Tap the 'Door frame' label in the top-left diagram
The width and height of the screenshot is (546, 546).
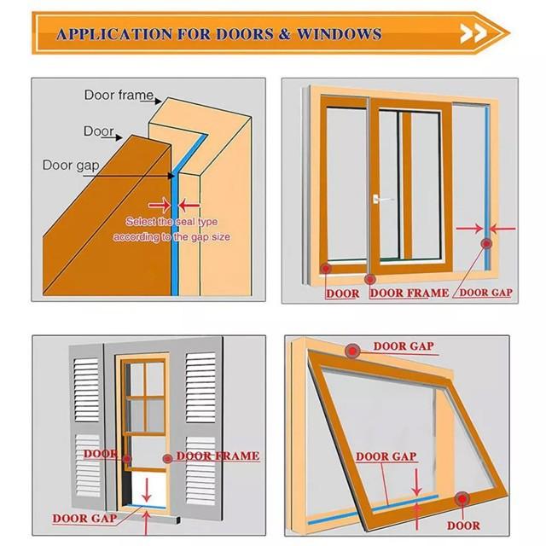coord(119,95)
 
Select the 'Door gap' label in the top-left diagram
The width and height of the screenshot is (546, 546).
coord(69,165)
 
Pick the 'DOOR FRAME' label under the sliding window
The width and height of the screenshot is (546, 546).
coord(409,293)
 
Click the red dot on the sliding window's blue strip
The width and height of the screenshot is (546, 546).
coord(486,244)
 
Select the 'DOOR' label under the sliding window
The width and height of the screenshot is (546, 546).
coord(342,293)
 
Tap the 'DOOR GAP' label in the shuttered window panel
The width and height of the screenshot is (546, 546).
coord(84,518)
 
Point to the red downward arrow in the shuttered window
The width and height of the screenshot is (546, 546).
coord(148,490)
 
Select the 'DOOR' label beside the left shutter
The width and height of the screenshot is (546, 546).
coord(101,454)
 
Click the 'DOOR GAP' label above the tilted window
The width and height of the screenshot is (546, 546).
coord(404,346)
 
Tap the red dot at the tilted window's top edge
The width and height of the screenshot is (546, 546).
coord(351,351)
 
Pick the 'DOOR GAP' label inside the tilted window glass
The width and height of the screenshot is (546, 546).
coord(386,456)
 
